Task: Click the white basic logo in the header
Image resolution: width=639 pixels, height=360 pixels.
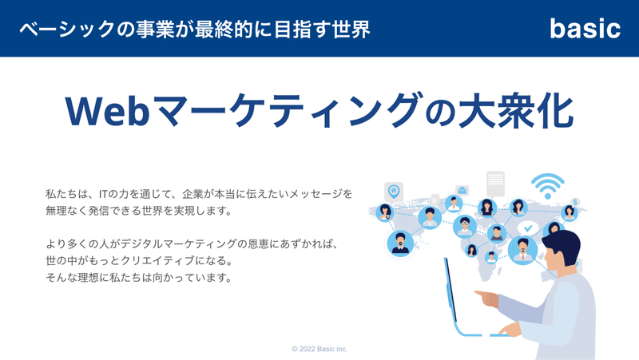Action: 585,29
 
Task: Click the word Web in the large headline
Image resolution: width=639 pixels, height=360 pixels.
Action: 107,111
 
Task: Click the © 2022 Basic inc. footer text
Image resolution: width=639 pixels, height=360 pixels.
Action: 319,349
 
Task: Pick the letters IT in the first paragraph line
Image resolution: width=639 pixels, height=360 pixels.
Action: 105,194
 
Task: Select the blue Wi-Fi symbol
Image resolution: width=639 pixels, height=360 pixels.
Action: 548,186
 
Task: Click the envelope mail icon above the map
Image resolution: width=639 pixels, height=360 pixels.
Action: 462,190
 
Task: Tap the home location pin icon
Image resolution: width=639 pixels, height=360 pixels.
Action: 394,192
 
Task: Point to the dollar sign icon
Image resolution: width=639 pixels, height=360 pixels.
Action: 575,202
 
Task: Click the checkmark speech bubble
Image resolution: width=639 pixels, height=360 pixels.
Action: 528,228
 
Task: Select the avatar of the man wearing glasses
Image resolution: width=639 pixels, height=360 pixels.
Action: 465,226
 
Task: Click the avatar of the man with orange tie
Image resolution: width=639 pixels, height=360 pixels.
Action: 523,250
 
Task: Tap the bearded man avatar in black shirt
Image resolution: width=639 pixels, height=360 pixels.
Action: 400,243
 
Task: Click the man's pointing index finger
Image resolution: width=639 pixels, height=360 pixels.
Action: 480,293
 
